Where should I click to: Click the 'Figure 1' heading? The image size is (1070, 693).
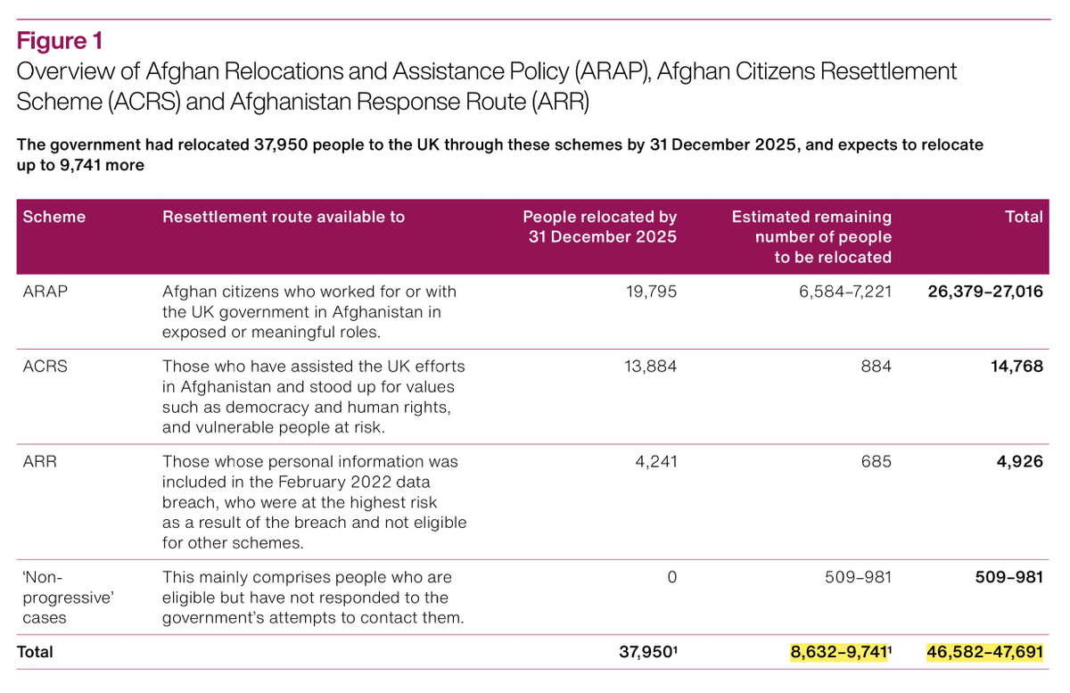pos(60,41)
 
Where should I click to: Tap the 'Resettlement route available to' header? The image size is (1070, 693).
pos(284,217)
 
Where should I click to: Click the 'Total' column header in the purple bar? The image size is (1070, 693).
pos(1024,217)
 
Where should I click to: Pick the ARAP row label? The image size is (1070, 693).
pos(41,292)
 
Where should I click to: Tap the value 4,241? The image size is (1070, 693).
pos(656,462)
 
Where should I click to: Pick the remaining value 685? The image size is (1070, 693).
pos(876,462)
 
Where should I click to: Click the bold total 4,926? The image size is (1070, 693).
pos(1020,462)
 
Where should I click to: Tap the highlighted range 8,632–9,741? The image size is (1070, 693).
pos(839,652)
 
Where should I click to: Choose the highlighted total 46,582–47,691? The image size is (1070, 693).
pos(985,652)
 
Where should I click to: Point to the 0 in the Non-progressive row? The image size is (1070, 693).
pos(671,577)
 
